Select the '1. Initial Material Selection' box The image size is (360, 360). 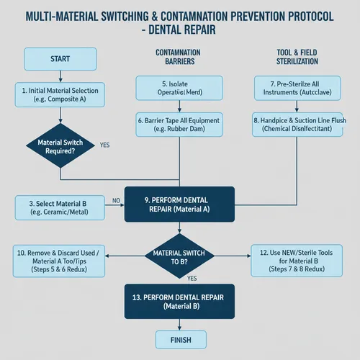click(60, 95)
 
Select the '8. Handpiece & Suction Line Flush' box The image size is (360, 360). click(298, 125)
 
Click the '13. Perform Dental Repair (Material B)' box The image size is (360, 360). click(180, 301)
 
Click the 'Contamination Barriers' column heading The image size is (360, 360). click(179, 58)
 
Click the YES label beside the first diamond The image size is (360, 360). click(104, 145)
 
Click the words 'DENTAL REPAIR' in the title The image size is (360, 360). click(183, 32)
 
